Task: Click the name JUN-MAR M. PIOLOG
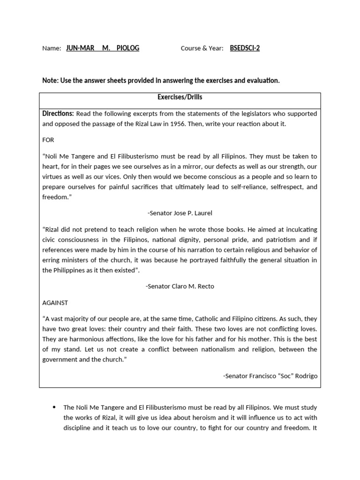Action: (103, 48)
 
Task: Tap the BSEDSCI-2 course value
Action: (245, 48)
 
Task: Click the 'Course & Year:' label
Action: (202, 48)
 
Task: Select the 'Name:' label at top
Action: (52, 48)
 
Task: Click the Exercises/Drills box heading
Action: (180, 97)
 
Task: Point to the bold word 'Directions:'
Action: (58, 113)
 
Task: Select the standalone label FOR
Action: (48, 140)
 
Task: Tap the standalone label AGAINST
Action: (55, 302)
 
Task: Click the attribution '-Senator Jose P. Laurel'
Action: (180, 213)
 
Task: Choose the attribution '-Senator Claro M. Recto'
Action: (180, 286)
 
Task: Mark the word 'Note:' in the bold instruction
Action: (50, 81)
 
